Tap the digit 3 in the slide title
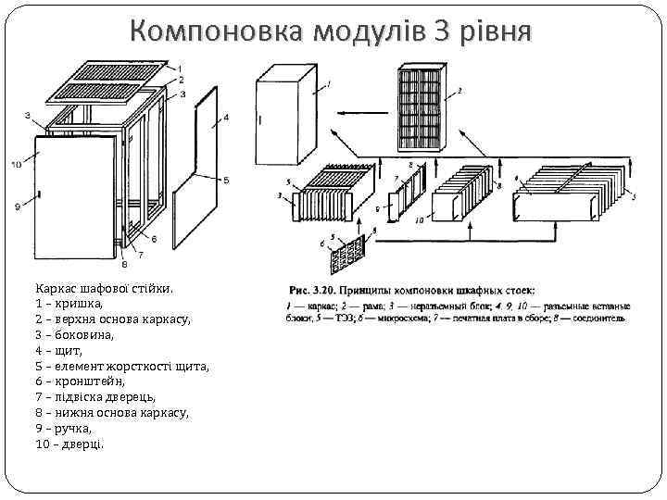pos(444,32)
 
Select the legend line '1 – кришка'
pos(69,303)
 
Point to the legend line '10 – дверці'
pos(70,444)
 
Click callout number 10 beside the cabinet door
pos(16,164)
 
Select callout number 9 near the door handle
pos(17,206)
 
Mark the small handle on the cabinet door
pos(41,194)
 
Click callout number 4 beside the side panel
pos(226,117)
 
